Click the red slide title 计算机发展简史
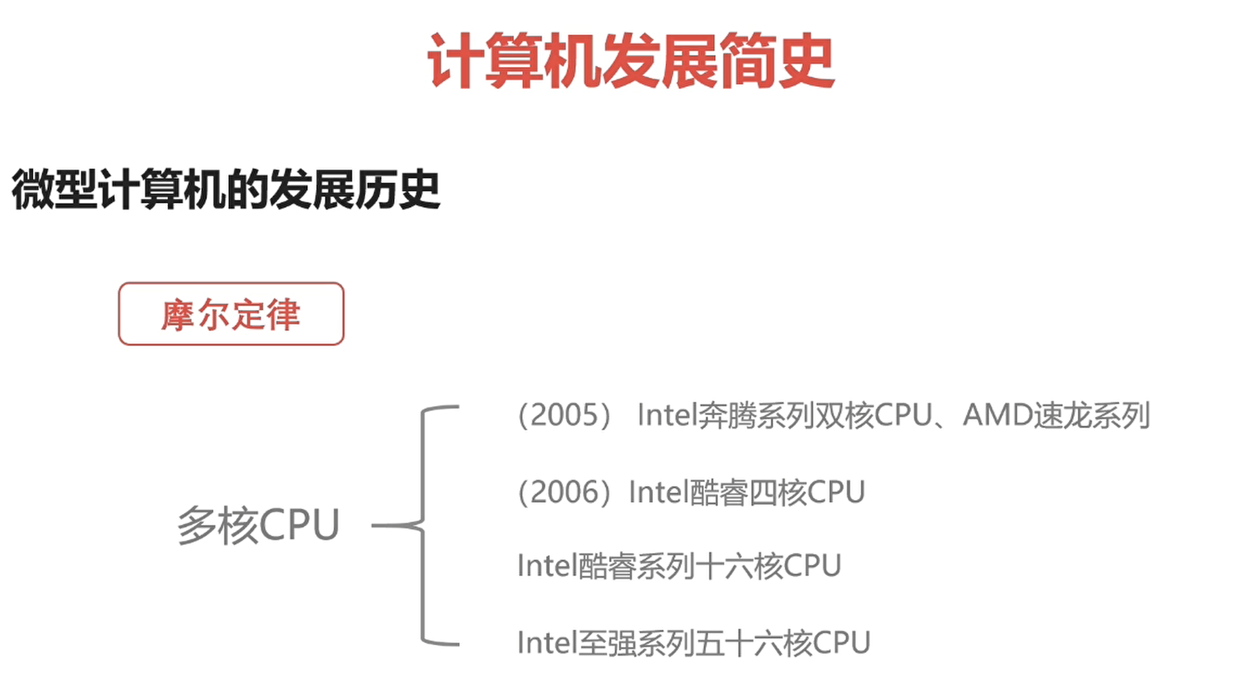pos(630,61)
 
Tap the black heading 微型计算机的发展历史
pos(226,189)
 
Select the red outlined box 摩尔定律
pos(231,314)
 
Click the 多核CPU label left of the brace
pos(258,525)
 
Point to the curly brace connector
pos(424,525)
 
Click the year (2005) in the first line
pos(564,415)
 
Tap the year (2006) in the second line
pos(564,493)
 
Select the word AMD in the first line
pos(997,415)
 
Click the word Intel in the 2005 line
pos(667,415)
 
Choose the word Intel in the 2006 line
pos(658,493)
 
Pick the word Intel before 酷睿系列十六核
pos(546,566)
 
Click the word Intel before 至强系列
pos(546,643)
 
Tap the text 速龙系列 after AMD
pos(1092,415)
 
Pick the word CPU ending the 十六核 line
pos(812,566)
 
